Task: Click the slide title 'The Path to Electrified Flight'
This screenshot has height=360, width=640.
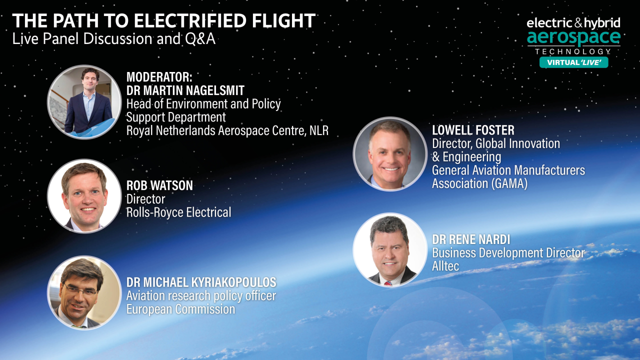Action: [x=164, y=21]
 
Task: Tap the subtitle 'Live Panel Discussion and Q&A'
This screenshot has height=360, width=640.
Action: [x=114, y=39]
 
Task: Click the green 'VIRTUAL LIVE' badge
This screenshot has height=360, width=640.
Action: [x=573, y=62]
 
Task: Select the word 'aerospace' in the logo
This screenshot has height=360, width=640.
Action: [x=573, y=37]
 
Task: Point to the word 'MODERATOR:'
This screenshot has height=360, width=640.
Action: [x=159, y=77]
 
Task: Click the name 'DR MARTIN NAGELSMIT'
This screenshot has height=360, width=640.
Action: [x=185, y=90]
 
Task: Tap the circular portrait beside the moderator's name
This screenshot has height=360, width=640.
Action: [x=84, y=102]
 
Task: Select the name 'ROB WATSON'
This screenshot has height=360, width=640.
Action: [x=159, y=185]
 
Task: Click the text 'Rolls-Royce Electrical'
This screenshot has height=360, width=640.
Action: [x=178, y=212]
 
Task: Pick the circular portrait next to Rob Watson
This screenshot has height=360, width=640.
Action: [x=84, y=196]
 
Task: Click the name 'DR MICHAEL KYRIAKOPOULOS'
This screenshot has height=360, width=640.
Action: [x=201, y=282]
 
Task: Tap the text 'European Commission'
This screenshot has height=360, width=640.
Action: [x=180, y=309]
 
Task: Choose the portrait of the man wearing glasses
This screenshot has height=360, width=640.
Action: [x=84, y=292]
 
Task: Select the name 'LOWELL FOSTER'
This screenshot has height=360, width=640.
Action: [x=473, y=130]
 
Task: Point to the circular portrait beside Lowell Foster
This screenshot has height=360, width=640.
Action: [x=390, y=153]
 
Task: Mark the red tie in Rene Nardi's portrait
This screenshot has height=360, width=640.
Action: [x=388, y=282]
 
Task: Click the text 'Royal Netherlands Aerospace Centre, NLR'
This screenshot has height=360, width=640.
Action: [x=227, y=130]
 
